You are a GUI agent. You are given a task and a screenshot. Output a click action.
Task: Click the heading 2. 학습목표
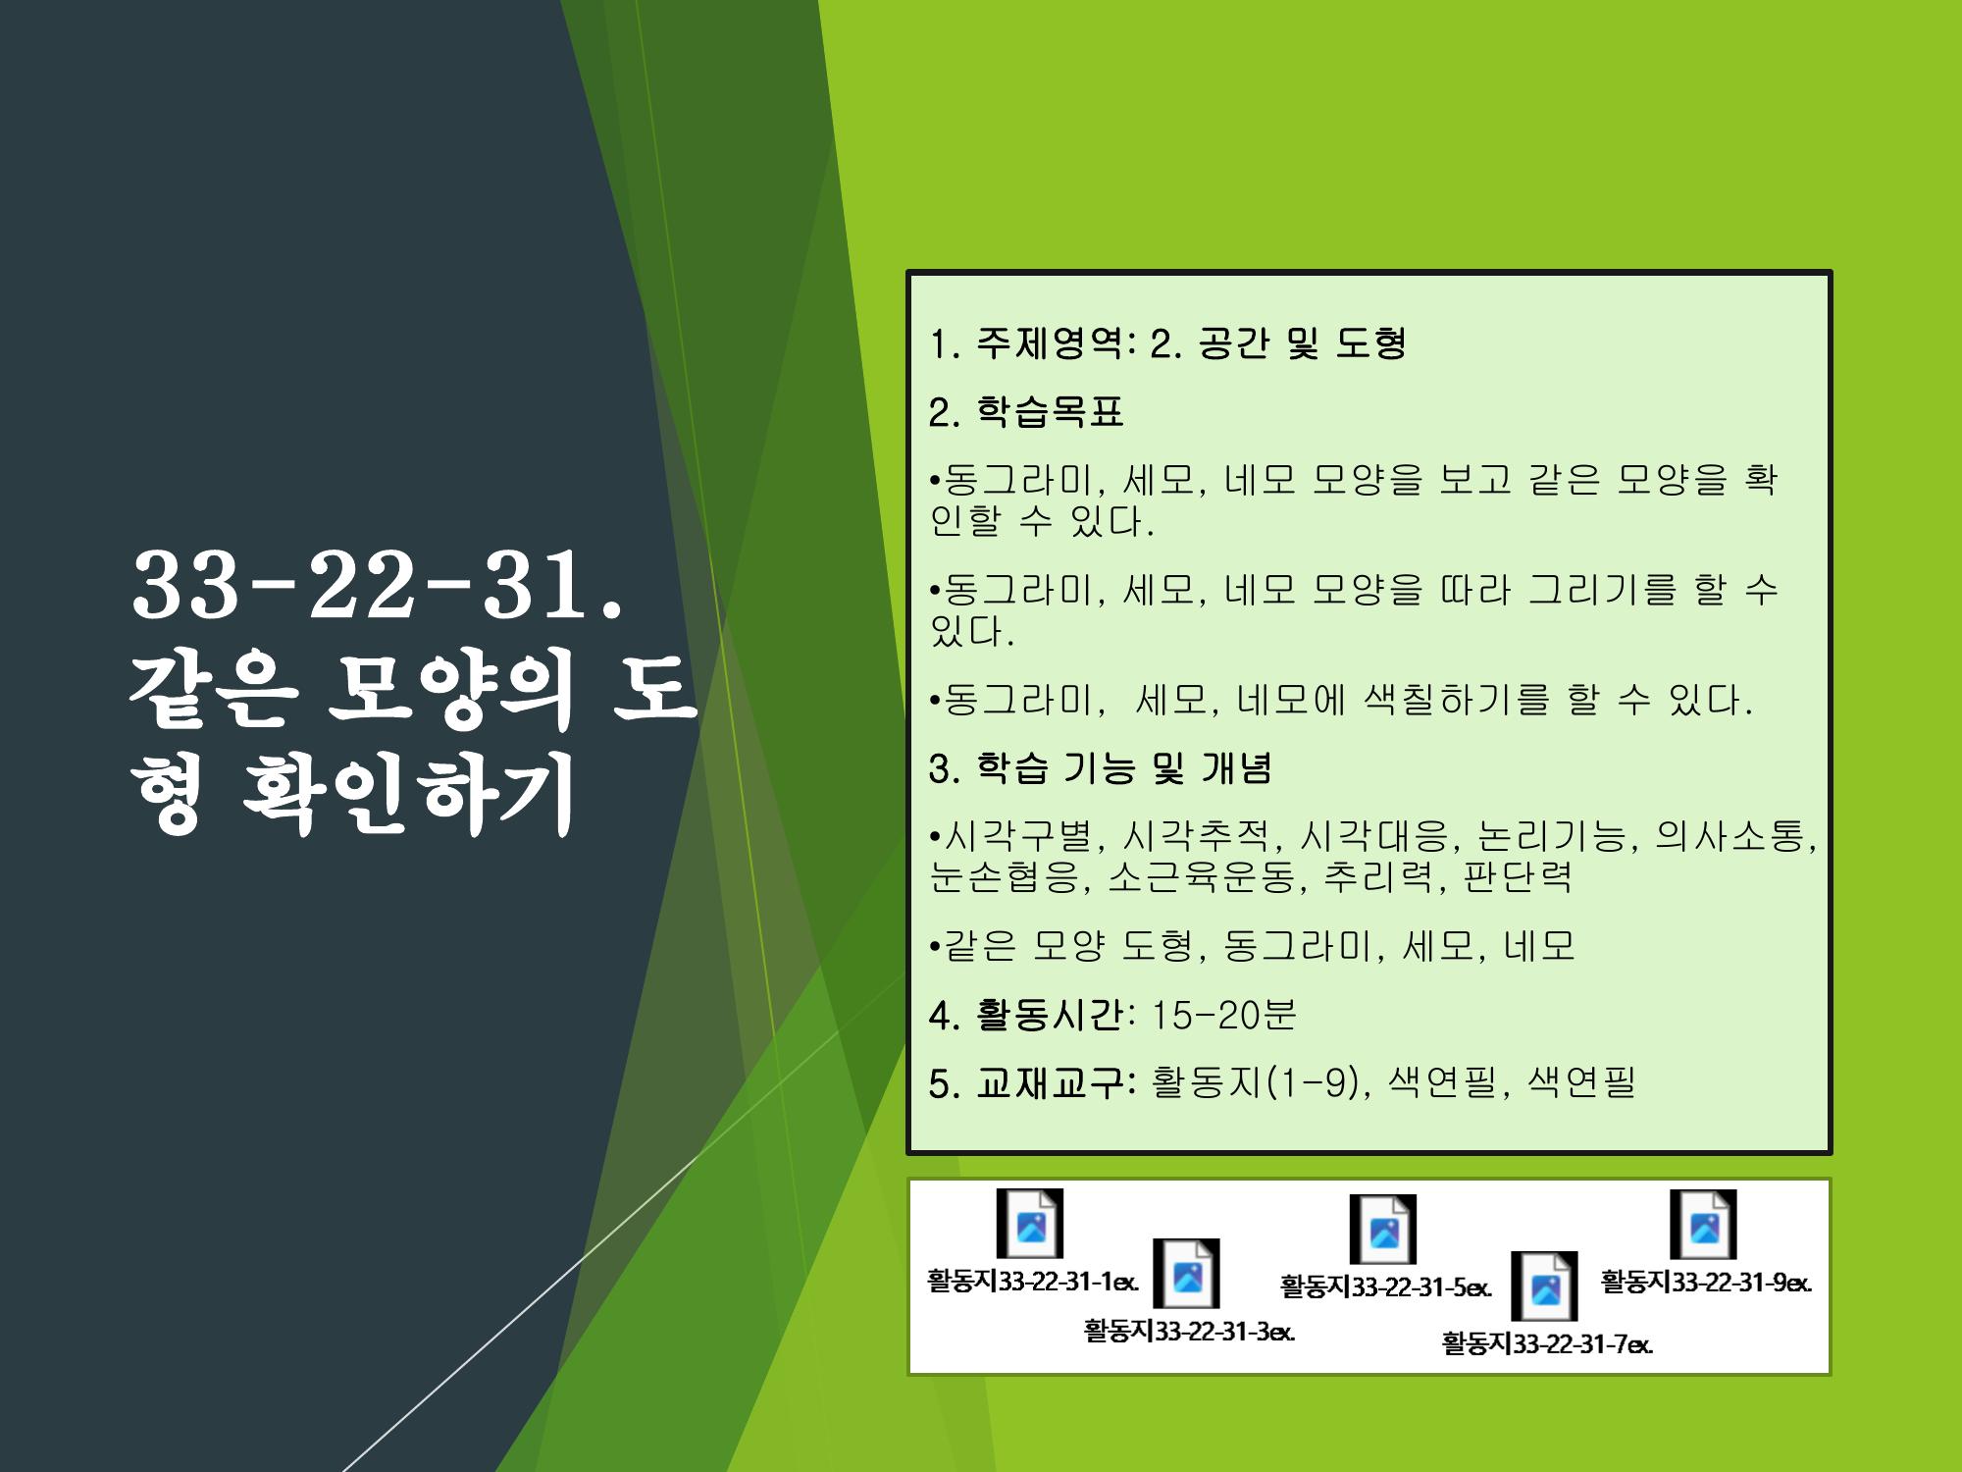(x=1025, y=412)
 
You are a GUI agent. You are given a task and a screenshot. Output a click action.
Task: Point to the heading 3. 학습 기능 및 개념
(x=1100, y=768)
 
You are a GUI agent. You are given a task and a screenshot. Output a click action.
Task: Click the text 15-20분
(x=1222, y=1015)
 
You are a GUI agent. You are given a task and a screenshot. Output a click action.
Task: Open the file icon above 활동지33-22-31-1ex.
(x=1030, y=1224)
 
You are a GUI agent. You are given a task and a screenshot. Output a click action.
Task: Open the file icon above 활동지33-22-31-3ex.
(x=1186, y=1274)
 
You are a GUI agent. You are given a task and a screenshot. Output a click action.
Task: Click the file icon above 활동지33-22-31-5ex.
(x=1383, y=1230)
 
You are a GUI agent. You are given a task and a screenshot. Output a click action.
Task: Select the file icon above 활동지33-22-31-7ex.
(x=1544, y=1287)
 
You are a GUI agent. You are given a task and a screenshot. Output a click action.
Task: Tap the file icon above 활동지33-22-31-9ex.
(x=1703, y=1225)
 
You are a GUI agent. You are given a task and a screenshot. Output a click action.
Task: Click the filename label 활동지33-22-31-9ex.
(x=1706, y=1283)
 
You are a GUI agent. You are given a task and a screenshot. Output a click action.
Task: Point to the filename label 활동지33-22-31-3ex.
(x=1189, y=1332)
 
